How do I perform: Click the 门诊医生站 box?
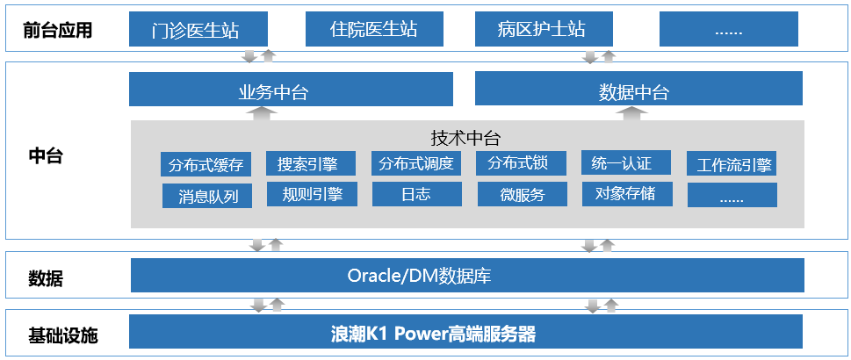point(198,29)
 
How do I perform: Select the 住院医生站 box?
point(374,29)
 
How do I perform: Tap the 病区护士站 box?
point(544,29)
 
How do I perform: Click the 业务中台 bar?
point(291,90)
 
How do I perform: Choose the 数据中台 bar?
point(638,89)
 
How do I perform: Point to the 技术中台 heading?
point(465,139)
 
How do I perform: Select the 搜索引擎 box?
point(310,163)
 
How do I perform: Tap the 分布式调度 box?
point(416,163)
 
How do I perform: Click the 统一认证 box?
point(626,163)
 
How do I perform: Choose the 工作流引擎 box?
point(732,164)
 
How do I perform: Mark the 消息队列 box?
point(207,196)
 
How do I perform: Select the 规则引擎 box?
point(312,194)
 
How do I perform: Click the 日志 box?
point(417,194)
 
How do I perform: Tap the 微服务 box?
point(523,194)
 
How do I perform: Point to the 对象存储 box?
point(627,194)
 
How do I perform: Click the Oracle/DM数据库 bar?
point(467,276)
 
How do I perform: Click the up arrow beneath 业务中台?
point(262,113)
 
